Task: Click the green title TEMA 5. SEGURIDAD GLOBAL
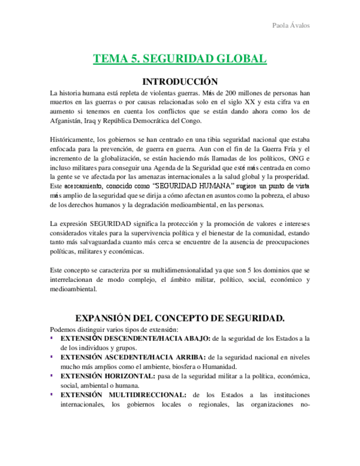point(180,59)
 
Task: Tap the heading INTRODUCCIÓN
point(180,81)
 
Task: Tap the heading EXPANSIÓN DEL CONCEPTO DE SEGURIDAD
point(180,318)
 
